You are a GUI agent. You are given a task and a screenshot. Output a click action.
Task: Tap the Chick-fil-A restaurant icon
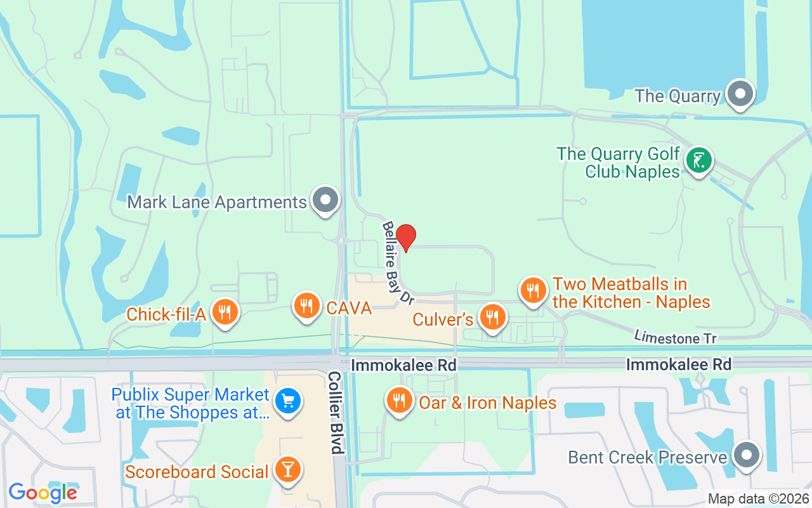tap(224, 312)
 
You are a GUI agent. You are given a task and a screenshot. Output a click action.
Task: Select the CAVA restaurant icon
tap(306, 305)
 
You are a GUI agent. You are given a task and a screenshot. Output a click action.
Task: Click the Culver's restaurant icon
tap(492, 316)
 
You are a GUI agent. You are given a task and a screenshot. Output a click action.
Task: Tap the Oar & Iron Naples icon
tap(398, 401)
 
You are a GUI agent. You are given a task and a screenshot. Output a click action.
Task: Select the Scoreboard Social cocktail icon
tap(288, 470)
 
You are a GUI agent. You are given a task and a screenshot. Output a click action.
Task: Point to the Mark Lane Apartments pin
tap(326, 199)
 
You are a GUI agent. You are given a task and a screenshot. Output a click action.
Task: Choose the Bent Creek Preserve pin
tap(746, 455)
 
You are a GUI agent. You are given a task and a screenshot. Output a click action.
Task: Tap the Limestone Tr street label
tap(676, 337)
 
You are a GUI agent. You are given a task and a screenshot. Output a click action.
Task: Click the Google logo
tap(43, 492)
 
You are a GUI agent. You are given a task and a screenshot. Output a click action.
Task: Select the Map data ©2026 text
tap(758, 499)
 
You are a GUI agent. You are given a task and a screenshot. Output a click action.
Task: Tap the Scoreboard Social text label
tap(197, 472)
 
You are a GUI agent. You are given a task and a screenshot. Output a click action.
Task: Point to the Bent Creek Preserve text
tap(647, 458)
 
